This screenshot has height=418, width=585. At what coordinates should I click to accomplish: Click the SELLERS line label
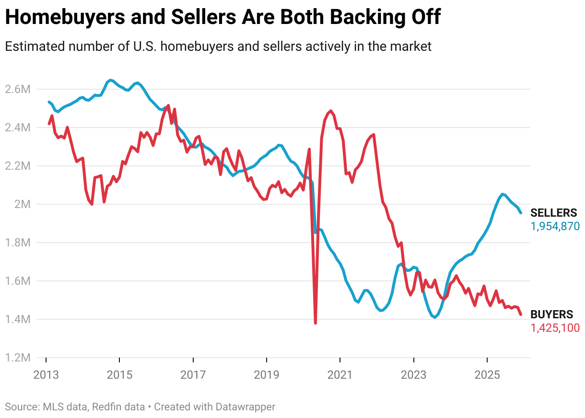pos(553,213)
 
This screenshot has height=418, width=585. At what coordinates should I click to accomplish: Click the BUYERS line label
pos(551,314)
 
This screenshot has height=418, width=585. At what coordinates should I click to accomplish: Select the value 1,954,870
pos(555,226)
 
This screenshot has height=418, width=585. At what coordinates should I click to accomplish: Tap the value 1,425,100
pos(555,328)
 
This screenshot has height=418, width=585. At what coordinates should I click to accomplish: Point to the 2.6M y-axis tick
pos(17,89)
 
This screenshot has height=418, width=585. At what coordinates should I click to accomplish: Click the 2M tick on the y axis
pos(22,204)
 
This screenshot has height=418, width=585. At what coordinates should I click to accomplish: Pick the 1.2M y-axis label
pos(17,358)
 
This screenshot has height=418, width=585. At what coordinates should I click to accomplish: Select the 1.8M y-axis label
pos(17,243)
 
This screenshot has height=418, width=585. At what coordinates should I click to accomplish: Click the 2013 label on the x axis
pos(46,374)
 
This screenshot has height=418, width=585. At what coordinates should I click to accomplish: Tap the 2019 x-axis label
pos(266,374)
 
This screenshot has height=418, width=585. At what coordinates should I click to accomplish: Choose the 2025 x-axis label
pos(487,374)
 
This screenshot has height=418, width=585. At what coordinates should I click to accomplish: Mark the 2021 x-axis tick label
pos(340,374)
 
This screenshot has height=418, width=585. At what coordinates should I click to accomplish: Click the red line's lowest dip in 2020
pos(315,323)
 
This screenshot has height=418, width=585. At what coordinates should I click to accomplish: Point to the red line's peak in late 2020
pos(331,111)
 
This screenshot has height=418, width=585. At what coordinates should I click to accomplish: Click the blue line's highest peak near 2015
pos(110,80)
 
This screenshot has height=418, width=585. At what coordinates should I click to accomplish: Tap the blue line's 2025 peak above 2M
pos(502,194)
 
